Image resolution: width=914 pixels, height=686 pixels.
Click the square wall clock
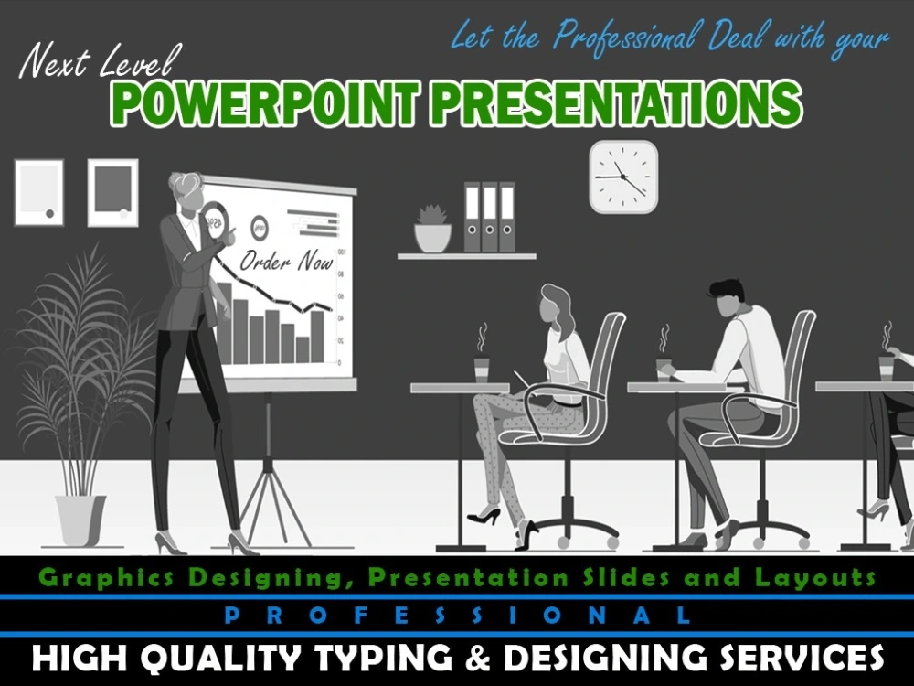[623, 177]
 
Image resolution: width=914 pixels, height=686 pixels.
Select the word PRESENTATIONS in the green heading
[615, 104]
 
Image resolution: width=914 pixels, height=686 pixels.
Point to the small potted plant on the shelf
[432, 230]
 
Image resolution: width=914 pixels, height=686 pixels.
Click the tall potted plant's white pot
[80, 519]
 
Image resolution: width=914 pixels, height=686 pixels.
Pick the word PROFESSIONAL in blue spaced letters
[457, 616]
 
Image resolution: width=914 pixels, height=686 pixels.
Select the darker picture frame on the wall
[112, 192]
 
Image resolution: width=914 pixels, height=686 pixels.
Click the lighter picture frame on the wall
[39, 192]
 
